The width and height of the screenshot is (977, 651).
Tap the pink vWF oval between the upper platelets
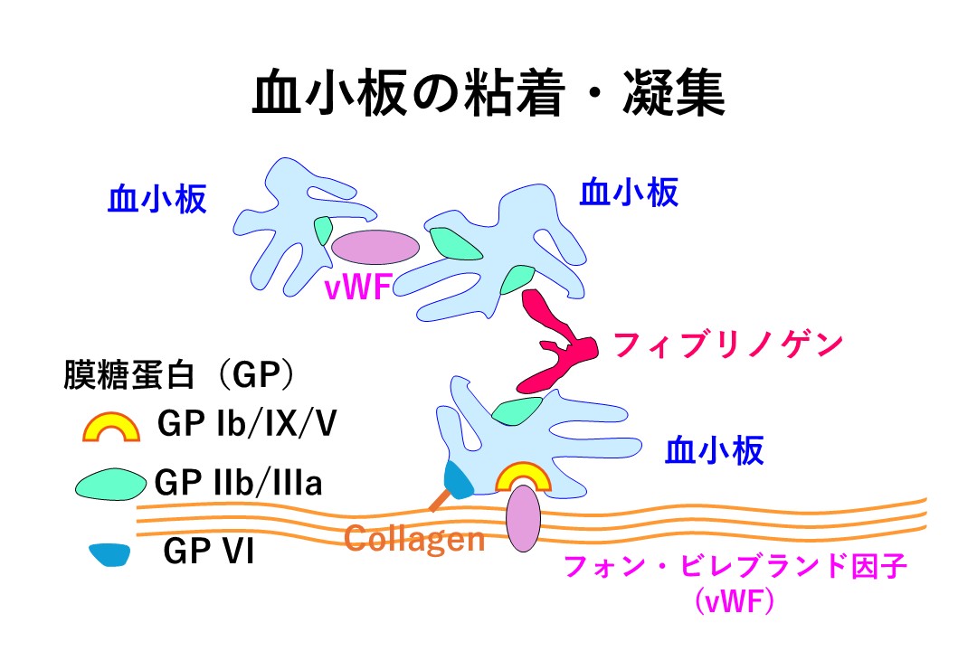tap(375, 246)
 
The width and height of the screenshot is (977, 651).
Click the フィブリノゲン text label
tap(728, 344)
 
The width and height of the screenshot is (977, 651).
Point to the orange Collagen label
tap(415, 540)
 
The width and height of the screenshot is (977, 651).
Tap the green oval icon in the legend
tap(109, 485)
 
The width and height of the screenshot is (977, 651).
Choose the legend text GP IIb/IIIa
tap(239, 483)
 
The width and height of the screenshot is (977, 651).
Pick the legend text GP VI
tap(209, 552)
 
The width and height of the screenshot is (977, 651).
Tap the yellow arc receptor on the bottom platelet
tap(523, 477)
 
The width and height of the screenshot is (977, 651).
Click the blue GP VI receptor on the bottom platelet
tap(460, 480)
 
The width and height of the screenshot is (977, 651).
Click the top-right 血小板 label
tap(629, 192)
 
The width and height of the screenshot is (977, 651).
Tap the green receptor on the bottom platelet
tap(511, 411)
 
